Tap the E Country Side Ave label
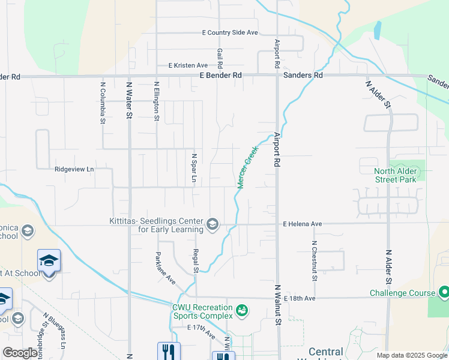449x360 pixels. click(230, 32)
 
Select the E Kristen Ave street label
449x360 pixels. click(188, 65)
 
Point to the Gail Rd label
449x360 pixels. click(220, 58)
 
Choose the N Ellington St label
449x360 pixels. click(156, 101)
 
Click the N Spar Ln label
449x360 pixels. click(194, 170)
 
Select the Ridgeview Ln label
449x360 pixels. click(74, 170)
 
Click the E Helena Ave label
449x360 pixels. click(303, 224)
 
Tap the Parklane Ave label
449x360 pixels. click(166, 268)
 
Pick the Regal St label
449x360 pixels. click(196, 261)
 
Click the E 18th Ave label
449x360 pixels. click(300, 298)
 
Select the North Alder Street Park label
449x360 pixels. click(396, 175)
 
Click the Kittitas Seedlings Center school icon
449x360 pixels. click(212, 225)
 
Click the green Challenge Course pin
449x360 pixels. click(444, 293)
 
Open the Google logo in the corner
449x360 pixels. click(20, 353)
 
